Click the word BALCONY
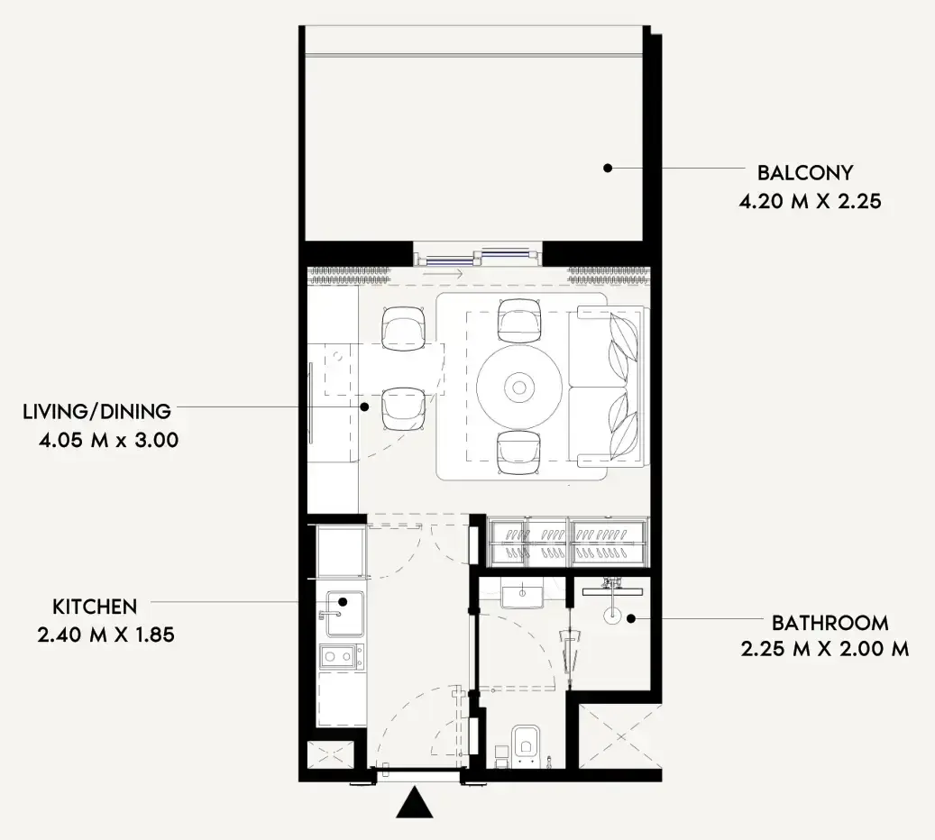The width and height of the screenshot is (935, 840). pyautogui.click(x=805, y=173)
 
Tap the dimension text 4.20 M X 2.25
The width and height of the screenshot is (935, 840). pyautogui.click(x=810, y=202)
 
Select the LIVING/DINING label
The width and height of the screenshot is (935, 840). pyautogui.click(x=97, y=411)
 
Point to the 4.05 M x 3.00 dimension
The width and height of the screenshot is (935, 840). pyautogui.click(x=108, y=441)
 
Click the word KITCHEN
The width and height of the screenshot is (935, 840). pyautogui.click(x=95, y=607)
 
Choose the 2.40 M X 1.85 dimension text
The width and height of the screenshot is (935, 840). pyautogui.click(x=106, y=635)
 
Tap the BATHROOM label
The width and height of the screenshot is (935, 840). pyautogui.click(x=830, y=623)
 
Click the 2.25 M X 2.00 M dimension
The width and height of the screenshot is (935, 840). pyautogui.click(x=825, y=649)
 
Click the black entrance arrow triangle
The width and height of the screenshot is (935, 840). pyautogui.click(x=415, y=804)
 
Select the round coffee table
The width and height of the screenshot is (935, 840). pyautogui.click(x=518, y=388)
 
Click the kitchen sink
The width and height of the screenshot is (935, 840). pyautogui.click(x=344, y=614)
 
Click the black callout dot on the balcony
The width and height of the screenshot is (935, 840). pyautogui.click(x=608, y=169)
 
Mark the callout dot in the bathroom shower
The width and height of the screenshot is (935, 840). pyautogui.click(x=630, y=619)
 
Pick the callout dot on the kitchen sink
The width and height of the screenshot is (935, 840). pyautogui.click(x=343, y=601)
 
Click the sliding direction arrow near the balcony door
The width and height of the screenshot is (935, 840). pyautogui.click(x=442, y=274)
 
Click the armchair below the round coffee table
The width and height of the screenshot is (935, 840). pyautogui.click(x=519, y=453)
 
